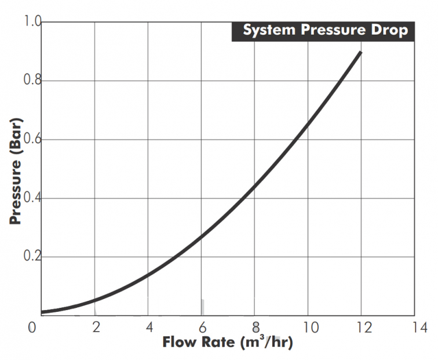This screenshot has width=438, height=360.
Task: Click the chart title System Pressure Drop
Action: coord(324,30)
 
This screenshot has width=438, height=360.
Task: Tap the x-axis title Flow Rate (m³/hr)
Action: coord(227,342)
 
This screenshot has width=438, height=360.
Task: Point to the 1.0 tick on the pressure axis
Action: coord(32,22)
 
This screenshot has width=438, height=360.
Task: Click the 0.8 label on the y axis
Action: coord(32,81)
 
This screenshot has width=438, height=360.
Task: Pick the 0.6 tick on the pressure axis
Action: coord(32,139)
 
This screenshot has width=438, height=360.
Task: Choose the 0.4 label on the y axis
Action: coord(32,198)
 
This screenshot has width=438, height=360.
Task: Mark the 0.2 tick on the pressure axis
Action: coord(32,257)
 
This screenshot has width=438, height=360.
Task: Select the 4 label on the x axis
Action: coord(149,328)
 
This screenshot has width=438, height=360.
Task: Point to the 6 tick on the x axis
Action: coord(202,328)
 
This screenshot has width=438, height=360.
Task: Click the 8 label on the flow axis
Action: coord(256,328)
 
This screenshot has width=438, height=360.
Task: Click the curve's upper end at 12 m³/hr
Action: coord(360,52)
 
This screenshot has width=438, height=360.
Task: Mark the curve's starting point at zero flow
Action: coord(42,312)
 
